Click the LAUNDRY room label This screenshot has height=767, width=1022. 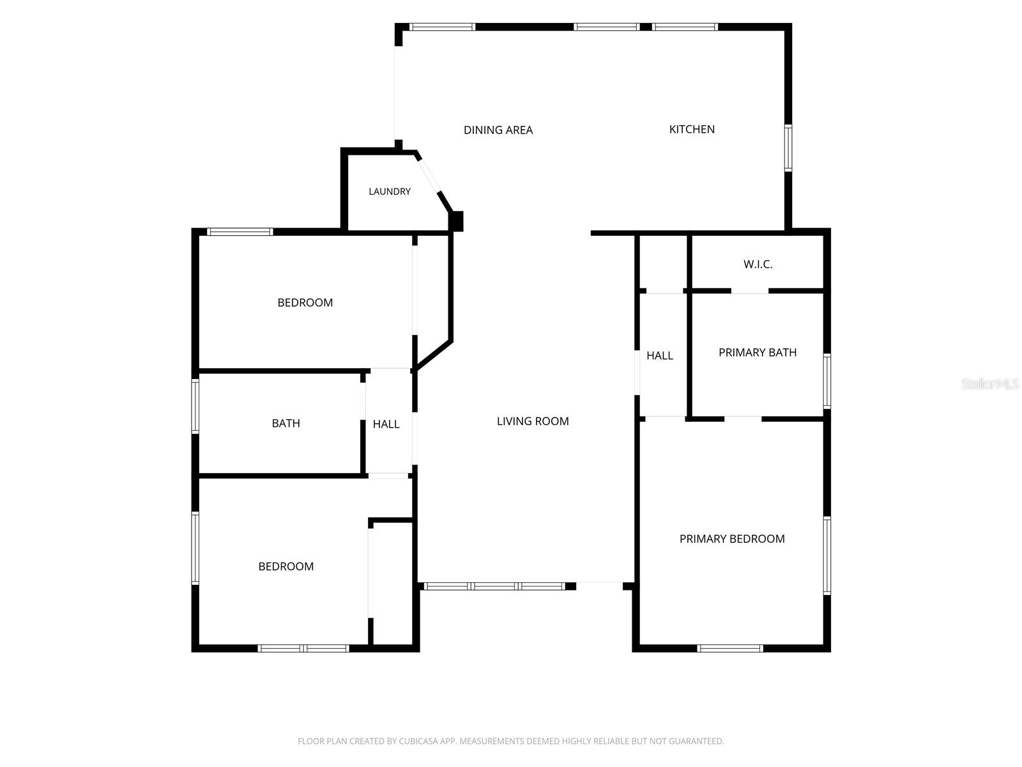coord(389,191)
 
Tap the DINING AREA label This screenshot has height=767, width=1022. coord(498,130)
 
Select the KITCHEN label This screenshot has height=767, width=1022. coord(691,129)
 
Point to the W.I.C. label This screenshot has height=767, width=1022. coord(758,264)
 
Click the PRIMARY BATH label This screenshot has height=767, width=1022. coord(757,352)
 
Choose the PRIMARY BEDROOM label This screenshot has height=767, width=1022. coord(731,538)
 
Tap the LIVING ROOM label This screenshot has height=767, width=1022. coord(532,421)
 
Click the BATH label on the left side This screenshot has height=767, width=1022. coord(286,423)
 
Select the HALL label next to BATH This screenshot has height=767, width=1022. coord(386,424)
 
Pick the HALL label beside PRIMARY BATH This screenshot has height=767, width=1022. coord(659,355)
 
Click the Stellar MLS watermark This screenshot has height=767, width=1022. coord(990,383)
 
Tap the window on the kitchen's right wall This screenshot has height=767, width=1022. coord(788,148)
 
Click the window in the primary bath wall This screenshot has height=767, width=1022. coord(827,382)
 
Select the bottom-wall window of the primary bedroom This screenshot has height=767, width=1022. coord(729,647)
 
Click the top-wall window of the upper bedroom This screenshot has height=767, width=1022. coord(240,231)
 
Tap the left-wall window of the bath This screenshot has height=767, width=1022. coord(195,406)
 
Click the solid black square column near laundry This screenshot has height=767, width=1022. coord(456,221)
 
